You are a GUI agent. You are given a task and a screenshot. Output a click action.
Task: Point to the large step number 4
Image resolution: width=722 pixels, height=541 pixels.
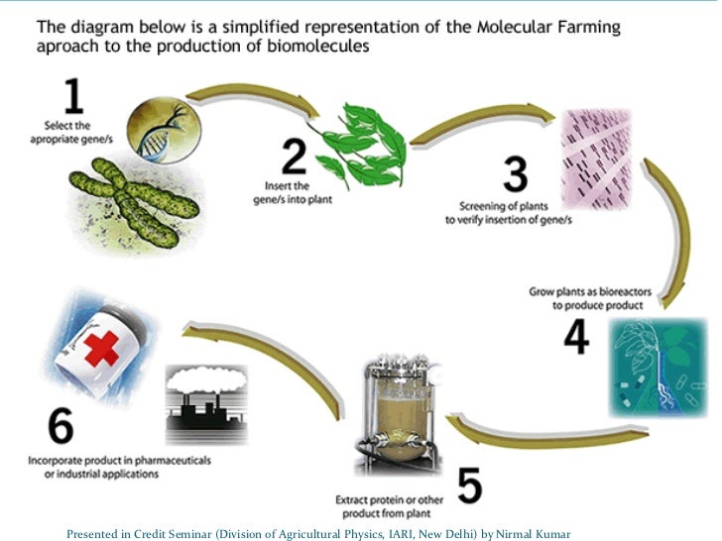[x=577, y=336]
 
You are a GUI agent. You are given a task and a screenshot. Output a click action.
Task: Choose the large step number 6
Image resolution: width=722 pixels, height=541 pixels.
[x=60, y=428]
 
